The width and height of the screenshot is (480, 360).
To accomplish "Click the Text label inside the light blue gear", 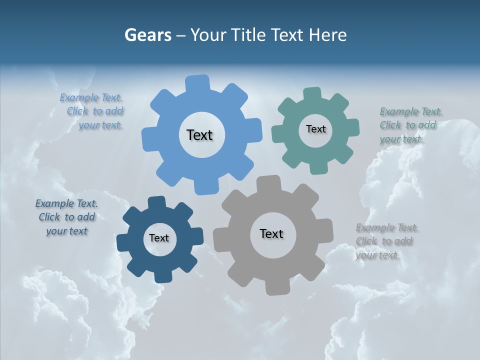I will point(199,135).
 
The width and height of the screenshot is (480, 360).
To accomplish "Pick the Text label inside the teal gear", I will point(315,129).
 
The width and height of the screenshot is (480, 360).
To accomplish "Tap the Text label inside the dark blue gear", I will point(159,238).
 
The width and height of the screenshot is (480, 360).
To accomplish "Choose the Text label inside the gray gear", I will point(271,234).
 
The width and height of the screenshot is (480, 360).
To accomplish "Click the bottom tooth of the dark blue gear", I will point(161,276).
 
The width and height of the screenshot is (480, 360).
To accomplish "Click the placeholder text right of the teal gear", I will point(409,125).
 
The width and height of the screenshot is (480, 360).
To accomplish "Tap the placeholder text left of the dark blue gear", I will point(66,217).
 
